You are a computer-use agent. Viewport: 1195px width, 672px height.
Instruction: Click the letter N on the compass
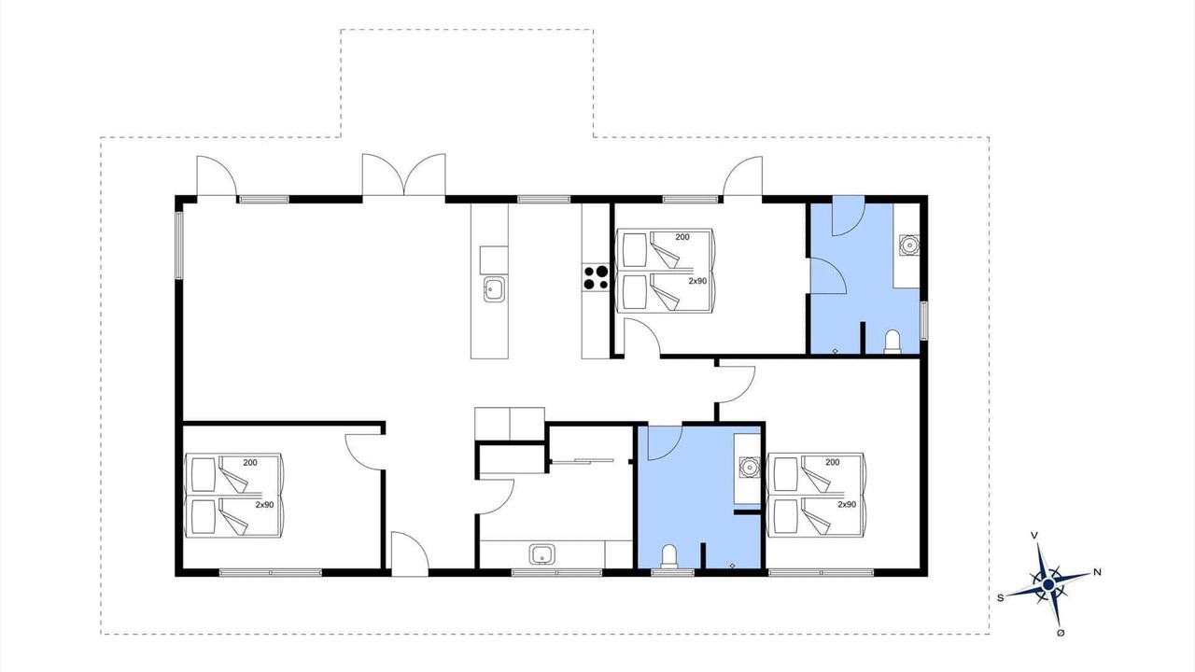[x=1097, y=572]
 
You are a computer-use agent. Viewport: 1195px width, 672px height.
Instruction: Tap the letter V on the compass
[x=1034, y=536]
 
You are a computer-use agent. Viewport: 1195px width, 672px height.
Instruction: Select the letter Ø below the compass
[x=1061, y=633]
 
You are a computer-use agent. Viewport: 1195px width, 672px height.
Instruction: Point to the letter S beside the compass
[x=1000, y=598]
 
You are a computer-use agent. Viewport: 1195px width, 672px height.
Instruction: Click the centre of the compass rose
[x=1048, y=585]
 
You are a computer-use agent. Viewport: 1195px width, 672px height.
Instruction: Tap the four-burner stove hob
[x=596, y=277]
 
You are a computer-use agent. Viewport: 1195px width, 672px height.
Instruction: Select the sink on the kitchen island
[x=494, y=289]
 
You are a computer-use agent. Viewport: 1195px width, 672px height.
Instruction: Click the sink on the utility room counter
[x=542, y=554]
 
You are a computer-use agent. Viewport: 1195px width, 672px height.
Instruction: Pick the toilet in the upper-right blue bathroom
[x=893, y=342]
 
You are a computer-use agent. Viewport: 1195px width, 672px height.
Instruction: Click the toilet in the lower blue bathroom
[x=669, y=557]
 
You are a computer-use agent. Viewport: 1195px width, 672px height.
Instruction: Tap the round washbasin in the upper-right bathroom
[x=908, y=245]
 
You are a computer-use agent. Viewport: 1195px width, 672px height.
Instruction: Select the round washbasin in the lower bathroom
[x=749, y=468]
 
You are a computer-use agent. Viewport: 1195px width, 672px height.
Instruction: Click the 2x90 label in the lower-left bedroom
[x=264, y=505]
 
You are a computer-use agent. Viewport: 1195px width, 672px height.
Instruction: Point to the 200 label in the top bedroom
[x=682, y=237]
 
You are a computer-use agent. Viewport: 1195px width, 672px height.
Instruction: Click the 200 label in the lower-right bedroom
[x=832, y=462]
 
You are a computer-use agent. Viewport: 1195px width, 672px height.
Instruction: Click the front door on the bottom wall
[x=410, y=553]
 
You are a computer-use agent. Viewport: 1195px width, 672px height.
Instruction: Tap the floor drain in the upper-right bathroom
[x=835, y=351]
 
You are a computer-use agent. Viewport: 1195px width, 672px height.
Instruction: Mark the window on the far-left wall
[x=178, y=245]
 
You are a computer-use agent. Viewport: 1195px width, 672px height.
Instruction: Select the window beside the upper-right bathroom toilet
[x=924, y=320]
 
